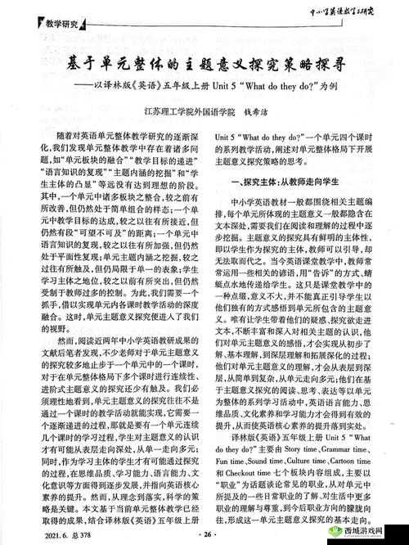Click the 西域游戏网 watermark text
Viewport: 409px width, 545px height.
coord(364,529)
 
